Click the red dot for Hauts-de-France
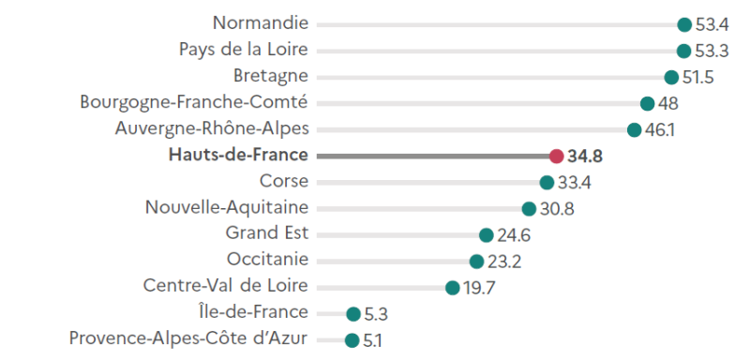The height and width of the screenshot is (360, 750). point(556,156)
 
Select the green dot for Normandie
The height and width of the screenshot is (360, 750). point(684,24)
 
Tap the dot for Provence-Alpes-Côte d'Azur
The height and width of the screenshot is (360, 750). point(352,340)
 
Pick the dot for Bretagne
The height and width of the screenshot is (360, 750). point(671,77)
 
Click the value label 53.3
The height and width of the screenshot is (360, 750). point(712,51)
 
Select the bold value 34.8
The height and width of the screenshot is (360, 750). point(585,156)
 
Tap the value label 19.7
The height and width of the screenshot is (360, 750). point(478,288)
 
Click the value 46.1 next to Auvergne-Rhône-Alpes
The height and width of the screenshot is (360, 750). point(658,129)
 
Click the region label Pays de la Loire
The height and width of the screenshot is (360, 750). point(243,50)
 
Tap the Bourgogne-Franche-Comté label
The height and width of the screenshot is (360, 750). point(194,102)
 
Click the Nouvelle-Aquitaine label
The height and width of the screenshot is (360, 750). point(227,207)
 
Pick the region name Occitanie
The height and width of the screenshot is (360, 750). point(267,260)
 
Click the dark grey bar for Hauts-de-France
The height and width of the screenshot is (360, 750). point(431,156)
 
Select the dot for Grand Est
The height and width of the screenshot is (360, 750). point(486,235)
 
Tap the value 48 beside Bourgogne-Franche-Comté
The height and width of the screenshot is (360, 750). point(668,103)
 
